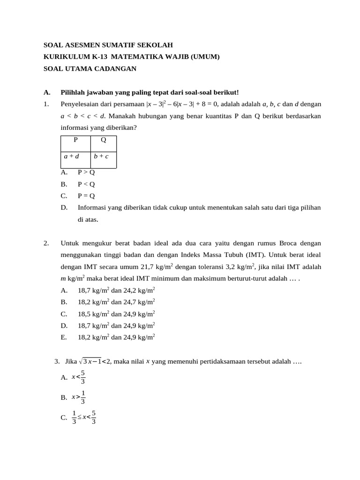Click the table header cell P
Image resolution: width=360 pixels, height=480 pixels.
75,140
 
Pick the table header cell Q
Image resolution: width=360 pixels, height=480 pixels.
103,140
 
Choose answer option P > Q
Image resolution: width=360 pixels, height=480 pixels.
86,172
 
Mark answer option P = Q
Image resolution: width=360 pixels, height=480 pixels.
86,195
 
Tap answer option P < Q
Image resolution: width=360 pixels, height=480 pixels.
86,184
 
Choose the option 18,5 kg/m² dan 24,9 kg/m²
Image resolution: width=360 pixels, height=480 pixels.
116,314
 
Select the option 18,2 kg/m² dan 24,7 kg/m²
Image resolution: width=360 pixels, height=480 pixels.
116,302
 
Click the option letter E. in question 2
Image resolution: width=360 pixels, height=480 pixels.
64,337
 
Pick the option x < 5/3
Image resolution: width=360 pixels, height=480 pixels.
78,377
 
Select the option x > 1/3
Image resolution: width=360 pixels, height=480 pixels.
78,397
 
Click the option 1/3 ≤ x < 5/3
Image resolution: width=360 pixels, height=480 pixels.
84,417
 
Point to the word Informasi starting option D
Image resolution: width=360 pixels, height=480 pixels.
93,207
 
